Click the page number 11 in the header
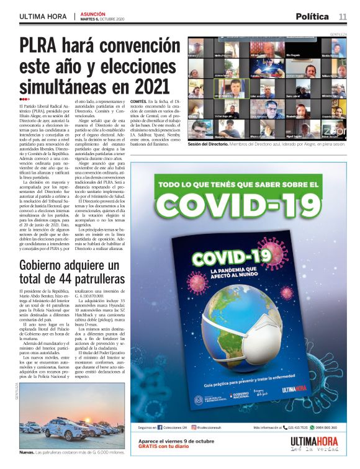343,16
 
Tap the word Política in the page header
312,16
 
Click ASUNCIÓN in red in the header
92,13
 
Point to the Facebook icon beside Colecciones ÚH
160,427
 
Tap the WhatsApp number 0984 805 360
325,427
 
